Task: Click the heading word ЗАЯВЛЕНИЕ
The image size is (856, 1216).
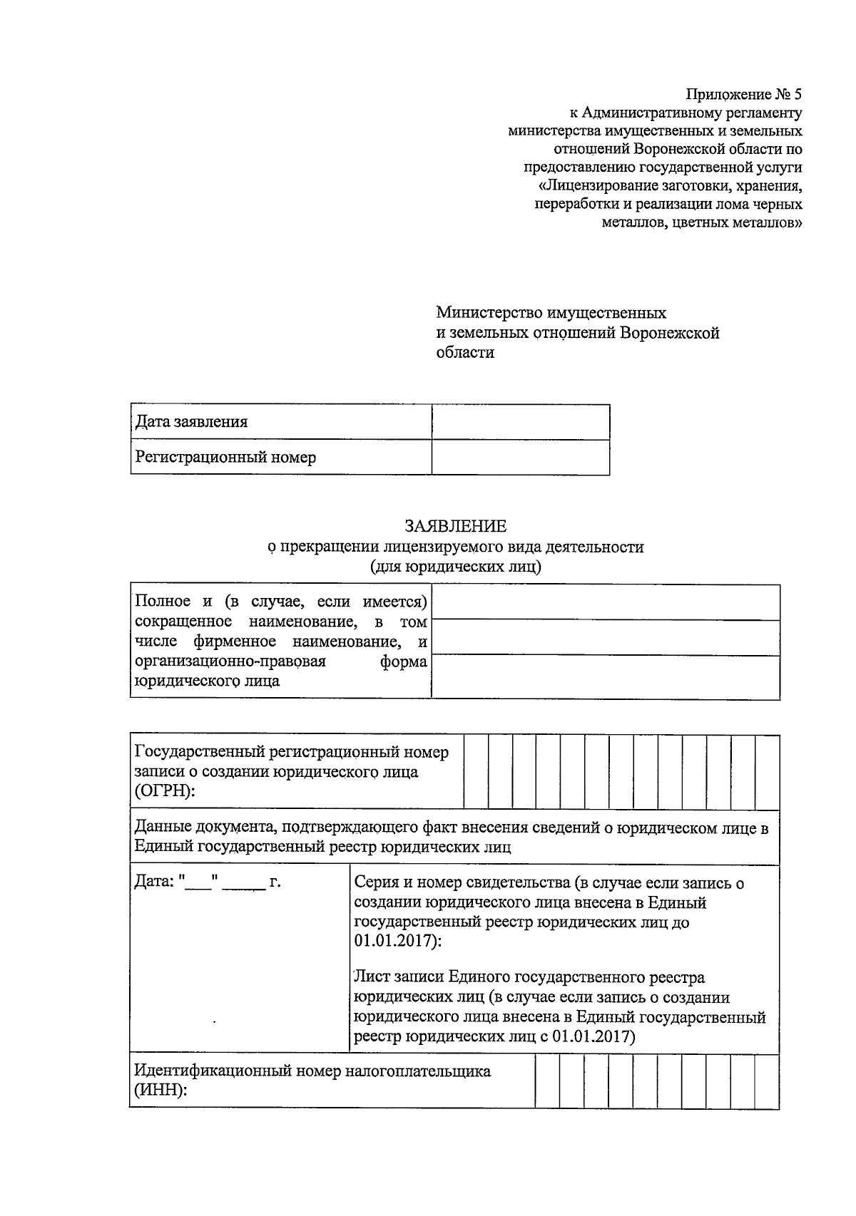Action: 455,526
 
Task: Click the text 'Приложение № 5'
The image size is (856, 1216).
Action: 744,94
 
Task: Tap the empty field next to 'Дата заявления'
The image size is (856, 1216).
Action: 520,422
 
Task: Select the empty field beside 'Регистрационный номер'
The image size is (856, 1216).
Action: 520,458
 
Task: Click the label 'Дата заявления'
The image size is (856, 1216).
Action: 191,421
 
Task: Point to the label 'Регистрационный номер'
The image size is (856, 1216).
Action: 225,457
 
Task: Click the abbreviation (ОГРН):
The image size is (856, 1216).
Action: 164,791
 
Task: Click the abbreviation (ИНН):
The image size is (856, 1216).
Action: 160,1091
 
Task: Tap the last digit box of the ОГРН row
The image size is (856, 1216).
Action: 767,772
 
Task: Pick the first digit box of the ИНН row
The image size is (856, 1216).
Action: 547,1081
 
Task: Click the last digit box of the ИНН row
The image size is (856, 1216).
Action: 767,1081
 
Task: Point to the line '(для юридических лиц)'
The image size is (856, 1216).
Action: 455,567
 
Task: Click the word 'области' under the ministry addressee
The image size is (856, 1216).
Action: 465,352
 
